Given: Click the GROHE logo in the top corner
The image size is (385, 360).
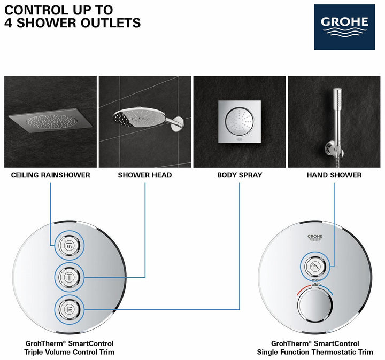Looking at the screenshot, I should [344, 27].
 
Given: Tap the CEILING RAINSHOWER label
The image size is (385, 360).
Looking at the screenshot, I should [50, 175].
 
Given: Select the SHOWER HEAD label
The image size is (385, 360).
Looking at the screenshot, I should [145, 175].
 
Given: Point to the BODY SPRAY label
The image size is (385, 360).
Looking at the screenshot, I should [240, 175].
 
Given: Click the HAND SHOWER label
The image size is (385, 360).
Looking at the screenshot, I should [334, 175].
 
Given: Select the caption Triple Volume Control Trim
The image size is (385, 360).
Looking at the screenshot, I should [69, 352].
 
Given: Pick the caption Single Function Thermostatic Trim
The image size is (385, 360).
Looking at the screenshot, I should [315, 352].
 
